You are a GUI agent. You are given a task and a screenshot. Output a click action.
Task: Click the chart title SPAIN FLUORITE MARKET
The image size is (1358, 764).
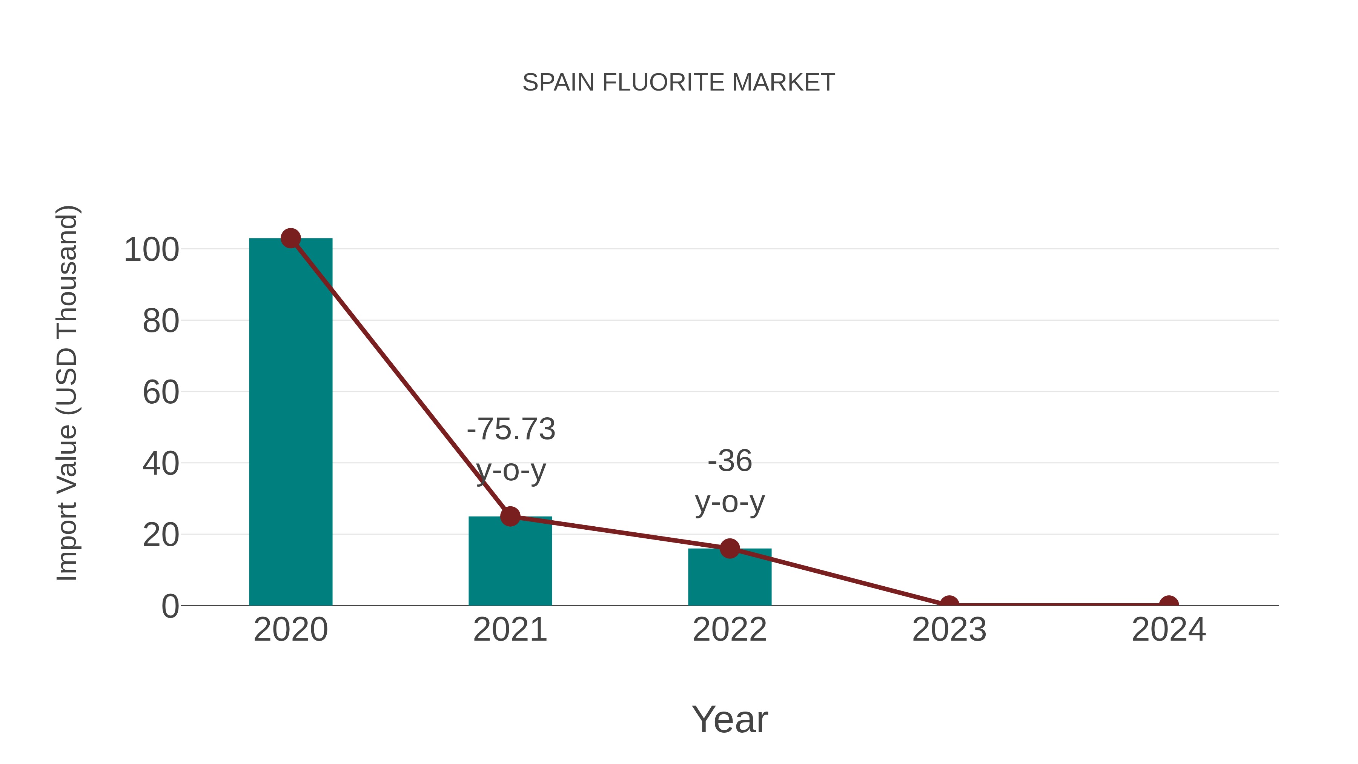click(x=679, y=83)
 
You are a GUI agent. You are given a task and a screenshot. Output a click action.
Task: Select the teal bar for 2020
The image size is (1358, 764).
click(x=290, y=422)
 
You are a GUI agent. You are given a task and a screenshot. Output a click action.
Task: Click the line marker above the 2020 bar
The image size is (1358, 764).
click(x=290, y=238)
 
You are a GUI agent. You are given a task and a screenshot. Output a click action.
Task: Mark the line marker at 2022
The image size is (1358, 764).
click(x=729, y=548)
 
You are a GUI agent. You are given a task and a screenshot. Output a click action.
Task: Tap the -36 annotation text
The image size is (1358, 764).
click(x=730, y=461)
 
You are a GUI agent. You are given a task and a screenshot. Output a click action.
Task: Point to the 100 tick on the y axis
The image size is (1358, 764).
click(x=151, y=250)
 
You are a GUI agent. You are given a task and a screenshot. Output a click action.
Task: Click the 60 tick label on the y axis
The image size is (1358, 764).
click(x=161, y=393)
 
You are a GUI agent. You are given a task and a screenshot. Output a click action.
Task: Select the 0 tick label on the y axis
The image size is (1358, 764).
click(x=170, y=606)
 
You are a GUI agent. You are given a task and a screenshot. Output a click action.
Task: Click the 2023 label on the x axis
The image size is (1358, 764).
click(x=949, y=630)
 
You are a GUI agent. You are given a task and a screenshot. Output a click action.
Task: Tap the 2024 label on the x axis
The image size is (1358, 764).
click(x=1169, y=630)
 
